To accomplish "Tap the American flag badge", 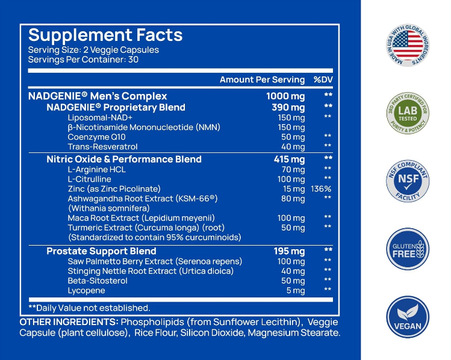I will pos(408,45).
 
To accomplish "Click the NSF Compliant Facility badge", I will pos(408,181).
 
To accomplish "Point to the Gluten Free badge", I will pos(408,249).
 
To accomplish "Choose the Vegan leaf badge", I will pos(408,317).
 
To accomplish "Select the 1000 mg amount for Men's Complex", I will pos(285,96).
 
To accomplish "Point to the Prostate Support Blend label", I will pos(101,251).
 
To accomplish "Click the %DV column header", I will pos(323,80).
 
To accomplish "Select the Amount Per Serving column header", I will pos(262,80).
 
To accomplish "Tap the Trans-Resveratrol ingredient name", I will pos(102,146).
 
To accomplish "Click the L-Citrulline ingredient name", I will pos(90,179).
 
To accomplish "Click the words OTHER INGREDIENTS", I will pos(69,322).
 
